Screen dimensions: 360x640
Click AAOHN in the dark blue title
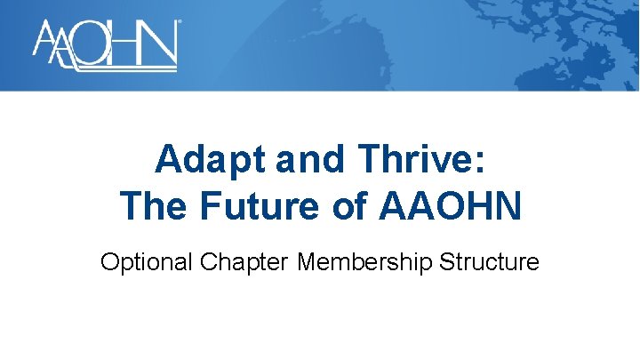[x=451, y=206]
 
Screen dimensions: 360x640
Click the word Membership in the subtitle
[x=366, y=262]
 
